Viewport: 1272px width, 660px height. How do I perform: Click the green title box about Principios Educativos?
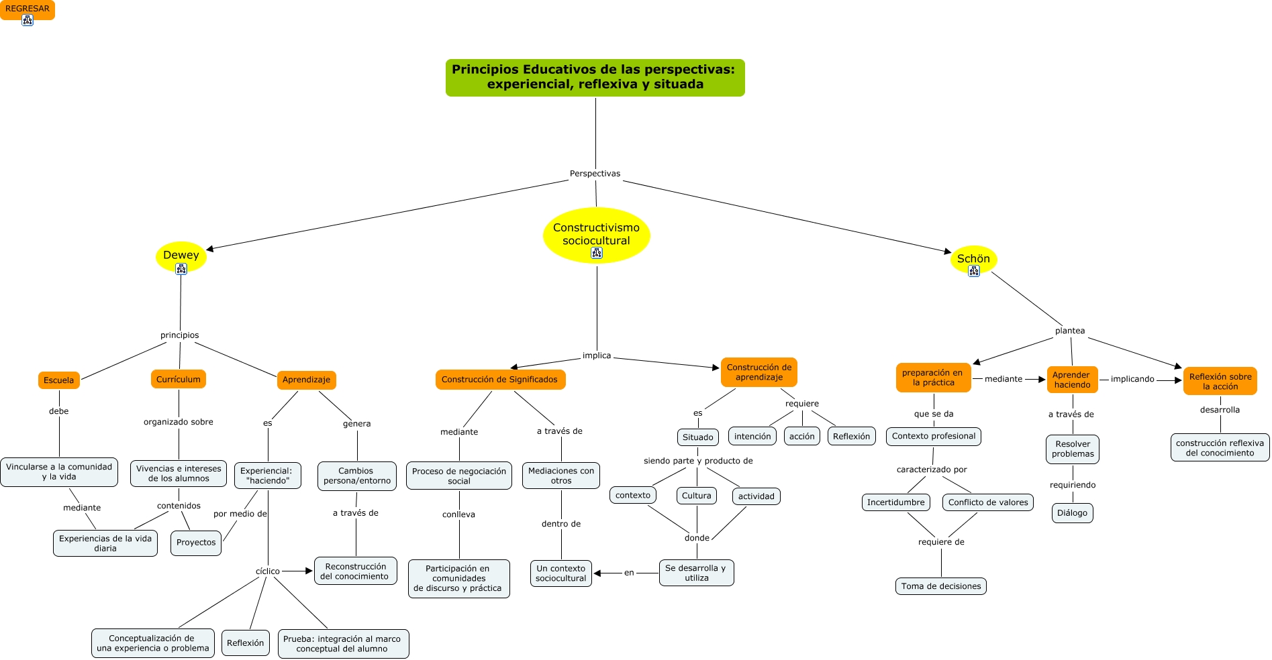coord(595,77)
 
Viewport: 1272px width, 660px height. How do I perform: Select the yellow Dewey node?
coord(181,256)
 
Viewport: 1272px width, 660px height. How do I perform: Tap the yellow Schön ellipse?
coord(973,259)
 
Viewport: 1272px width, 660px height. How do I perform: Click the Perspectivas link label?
coord(595,174)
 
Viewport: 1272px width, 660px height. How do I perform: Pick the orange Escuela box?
coord(59,380)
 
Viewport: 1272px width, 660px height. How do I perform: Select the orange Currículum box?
coord(179,380)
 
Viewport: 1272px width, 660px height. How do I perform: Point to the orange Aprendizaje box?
coord(306,380)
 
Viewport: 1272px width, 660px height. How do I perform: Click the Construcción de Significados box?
coord(499,380)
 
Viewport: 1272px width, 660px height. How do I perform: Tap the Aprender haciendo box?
coord(1072,380)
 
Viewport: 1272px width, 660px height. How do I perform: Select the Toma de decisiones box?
coord(940,586)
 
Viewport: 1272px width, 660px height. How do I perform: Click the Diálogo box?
coord(1072,513)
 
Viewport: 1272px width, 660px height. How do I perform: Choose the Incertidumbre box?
coord(895,502)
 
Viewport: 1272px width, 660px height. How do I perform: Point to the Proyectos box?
coord(196,543)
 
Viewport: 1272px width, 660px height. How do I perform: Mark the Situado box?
coord(697,437)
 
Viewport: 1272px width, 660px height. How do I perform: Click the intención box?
coord(752,437)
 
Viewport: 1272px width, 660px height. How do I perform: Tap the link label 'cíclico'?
coord(267,571)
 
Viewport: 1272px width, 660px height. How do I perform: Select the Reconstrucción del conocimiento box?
coord(355,571)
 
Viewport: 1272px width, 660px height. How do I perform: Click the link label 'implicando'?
coord(1132,379)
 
